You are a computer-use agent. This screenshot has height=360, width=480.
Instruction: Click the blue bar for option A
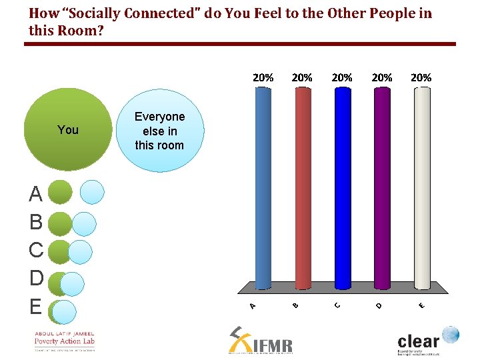click(x=263, y=187)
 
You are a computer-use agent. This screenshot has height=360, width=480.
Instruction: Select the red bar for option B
click(x=303, y=187)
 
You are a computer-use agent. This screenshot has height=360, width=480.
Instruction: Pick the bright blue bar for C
click(x=343, y=187)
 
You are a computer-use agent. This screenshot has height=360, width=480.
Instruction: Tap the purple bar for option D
click(x=382, y=187)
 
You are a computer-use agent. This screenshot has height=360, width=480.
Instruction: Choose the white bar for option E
click(x=421, y=187)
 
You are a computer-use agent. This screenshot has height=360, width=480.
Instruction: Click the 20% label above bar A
click(x=263, y=77)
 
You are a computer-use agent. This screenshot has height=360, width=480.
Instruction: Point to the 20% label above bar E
click(x=421, y=77)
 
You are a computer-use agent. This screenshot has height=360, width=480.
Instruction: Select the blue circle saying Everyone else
click(x=160, y=131)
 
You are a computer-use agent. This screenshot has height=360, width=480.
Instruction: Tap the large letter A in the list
click(x=36, y=195)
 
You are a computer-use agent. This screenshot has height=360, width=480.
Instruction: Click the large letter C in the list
click(x=36, y=251)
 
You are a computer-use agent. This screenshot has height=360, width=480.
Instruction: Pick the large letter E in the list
click(x=35, y=307)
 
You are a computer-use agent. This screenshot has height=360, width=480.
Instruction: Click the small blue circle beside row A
click(x=92, y=192)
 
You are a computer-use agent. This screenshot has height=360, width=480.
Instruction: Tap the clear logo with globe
click(x=427, y=340)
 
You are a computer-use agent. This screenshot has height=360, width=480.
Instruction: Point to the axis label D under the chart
click(x=379, y=305)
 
